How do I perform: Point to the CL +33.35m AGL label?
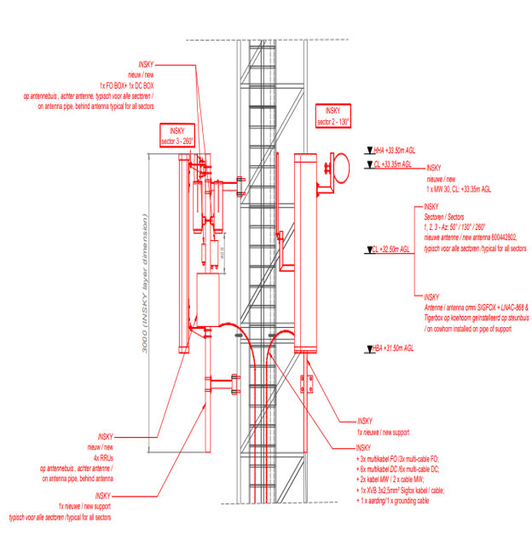(x=394, y=164)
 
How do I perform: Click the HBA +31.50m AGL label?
(x=396, y=347)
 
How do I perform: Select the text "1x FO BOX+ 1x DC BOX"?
(x=128, y=85)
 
